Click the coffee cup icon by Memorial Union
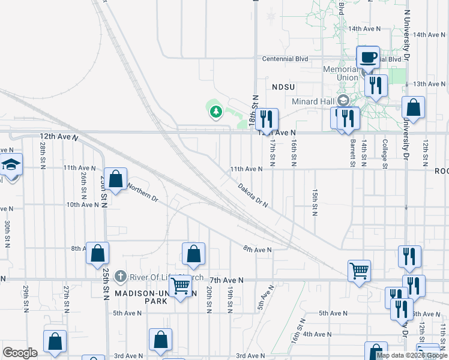(x=369, y=58)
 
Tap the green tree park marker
(x=215, y=111)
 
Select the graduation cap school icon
(x=11, y=164)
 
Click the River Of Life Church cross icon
(x=120, y=277)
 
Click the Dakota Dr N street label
(x=252, y=196)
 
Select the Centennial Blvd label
(x=286, y=59)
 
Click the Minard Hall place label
(x=313, y=101)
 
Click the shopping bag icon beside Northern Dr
(x=116, y=179)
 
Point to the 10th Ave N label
(x=82, y=205)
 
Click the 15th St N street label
(x=315, y=202)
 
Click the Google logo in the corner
(x=20, y=353)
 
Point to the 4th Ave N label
(x=317, y=334)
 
